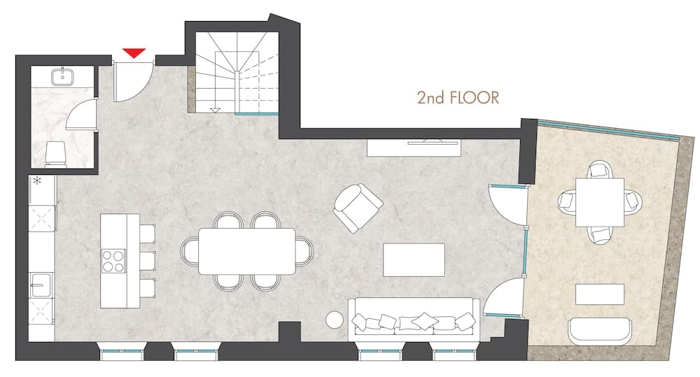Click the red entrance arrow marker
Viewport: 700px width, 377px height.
(134, 52)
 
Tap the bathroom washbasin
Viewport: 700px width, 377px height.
(62, 76)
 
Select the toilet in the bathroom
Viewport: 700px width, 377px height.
(56, 155)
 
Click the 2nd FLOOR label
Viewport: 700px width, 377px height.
(458, 97)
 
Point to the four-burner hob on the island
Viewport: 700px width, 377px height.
(113, 262)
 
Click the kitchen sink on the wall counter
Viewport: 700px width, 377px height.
(41, 285)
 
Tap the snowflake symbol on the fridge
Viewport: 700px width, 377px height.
(38, 180)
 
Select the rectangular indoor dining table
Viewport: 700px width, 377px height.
(247, 251)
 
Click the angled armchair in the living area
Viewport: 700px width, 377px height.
(358, 208)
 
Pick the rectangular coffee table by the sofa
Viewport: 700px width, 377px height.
(414, 259)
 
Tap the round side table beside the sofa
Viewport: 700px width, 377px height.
(335, 320)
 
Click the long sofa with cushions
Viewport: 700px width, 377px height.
(414, 317)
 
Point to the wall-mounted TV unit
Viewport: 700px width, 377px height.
(414, 148)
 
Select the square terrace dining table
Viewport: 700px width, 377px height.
(600, 202)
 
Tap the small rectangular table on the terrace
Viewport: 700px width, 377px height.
(600, 294)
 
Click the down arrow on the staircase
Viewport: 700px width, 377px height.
(215, 109)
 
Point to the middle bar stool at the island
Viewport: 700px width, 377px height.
(148, 261)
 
